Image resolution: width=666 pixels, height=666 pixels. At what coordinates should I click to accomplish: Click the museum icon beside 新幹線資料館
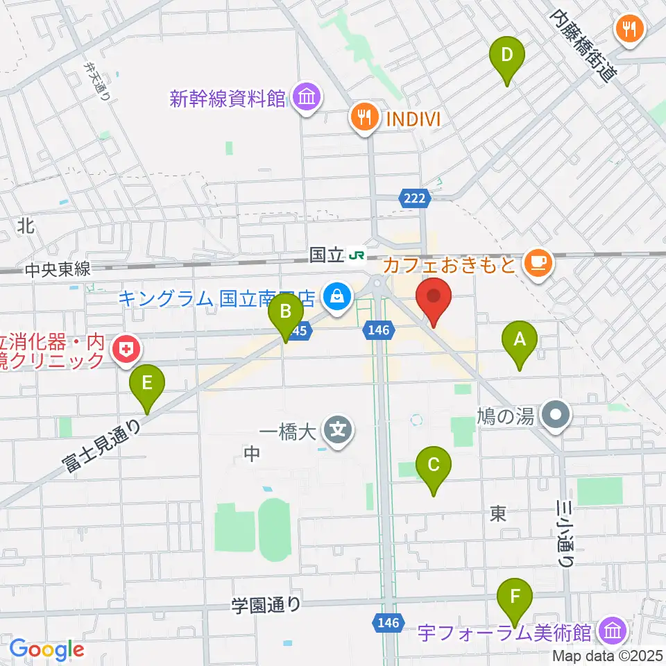coord(306,99)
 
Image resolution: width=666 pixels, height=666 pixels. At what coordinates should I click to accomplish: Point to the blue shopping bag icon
coord(336,298)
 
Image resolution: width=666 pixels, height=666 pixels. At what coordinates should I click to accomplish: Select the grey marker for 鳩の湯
coord(556,416)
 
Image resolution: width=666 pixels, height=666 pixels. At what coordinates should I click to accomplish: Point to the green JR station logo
coord(358,255)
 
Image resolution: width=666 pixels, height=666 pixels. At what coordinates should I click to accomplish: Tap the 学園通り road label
coord(267,605)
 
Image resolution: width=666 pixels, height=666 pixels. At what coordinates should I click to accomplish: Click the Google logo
coord(46,649)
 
